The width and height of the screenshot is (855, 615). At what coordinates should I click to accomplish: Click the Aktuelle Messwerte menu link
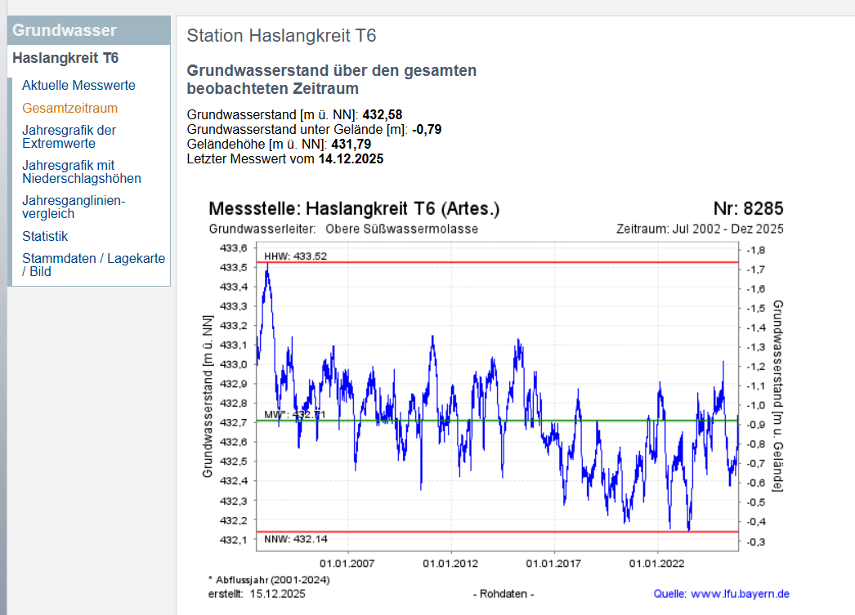coord(78,85)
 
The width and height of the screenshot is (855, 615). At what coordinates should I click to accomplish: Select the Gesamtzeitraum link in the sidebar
coord(69,108)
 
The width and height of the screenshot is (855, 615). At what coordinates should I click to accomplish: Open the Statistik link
coord(45,236)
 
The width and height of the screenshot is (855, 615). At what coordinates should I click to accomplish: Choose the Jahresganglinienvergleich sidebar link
coord(74,207)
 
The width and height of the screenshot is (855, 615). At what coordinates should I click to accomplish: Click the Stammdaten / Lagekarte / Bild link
coord(93,265)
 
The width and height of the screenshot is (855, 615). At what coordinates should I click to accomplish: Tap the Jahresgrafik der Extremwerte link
coord(69,136)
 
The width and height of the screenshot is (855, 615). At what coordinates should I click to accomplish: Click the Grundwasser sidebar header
coord(65,31)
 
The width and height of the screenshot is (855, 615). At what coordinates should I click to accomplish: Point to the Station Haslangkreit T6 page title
coord(281,36)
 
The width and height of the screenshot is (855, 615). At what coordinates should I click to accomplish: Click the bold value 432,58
coord(382,114)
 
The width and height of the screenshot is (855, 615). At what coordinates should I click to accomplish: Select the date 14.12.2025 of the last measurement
coord(351,158)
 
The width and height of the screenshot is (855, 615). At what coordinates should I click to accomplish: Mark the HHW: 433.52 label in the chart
coord(295,256)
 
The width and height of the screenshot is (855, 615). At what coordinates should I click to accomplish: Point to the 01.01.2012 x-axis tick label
coord(450,564)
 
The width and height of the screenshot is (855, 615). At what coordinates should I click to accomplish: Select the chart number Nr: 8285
coord(748,209)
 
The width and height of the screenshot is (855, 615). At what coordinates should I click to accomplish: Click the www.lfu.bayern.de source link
coord(741,594)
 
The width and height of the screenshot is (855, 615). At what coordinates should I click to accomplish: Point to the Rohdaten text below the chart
coord(504,594)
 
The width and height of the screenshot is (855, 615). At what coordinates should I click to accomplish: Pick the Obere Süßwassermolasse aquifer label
coord(401,229)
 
